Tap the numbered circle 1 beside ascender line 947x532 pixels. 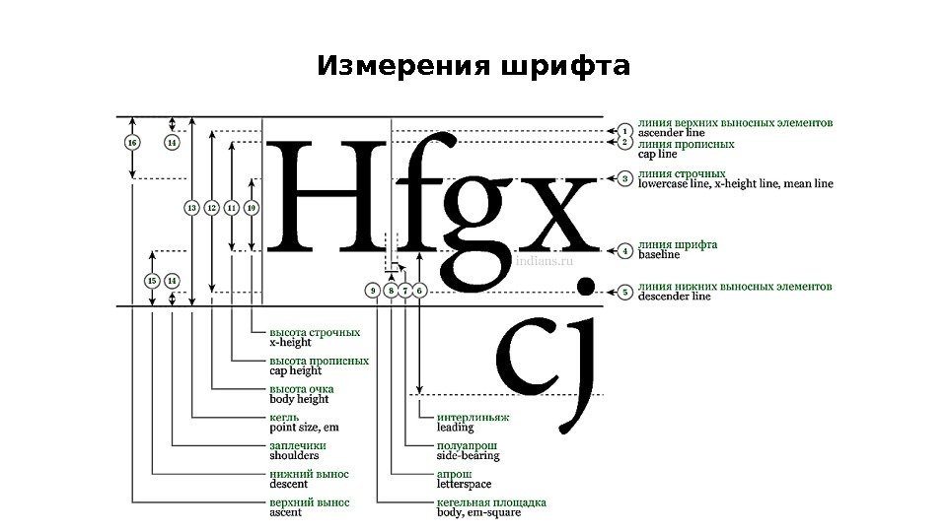623,129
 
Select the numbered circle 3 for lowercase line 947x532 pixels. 623,178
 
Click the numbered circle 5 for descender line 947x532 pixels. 623,293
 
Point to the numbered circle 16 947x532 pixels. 133,143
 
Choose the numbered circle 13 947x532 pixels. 192,208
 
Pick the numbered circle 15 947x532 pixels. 152,281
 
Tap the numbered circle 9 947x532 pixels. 372,291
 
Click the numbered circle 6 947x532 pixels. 419,291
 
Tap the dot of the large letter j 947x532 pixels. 585,287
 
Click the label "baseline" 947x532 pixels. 659,255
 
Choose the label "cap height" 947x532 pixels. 296,371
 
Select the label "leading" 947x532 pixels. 455,428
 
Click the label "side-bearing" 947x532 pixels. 468,456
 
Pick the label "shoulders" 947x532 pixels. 294,456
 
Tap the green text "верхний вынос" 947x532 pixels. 309,501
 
